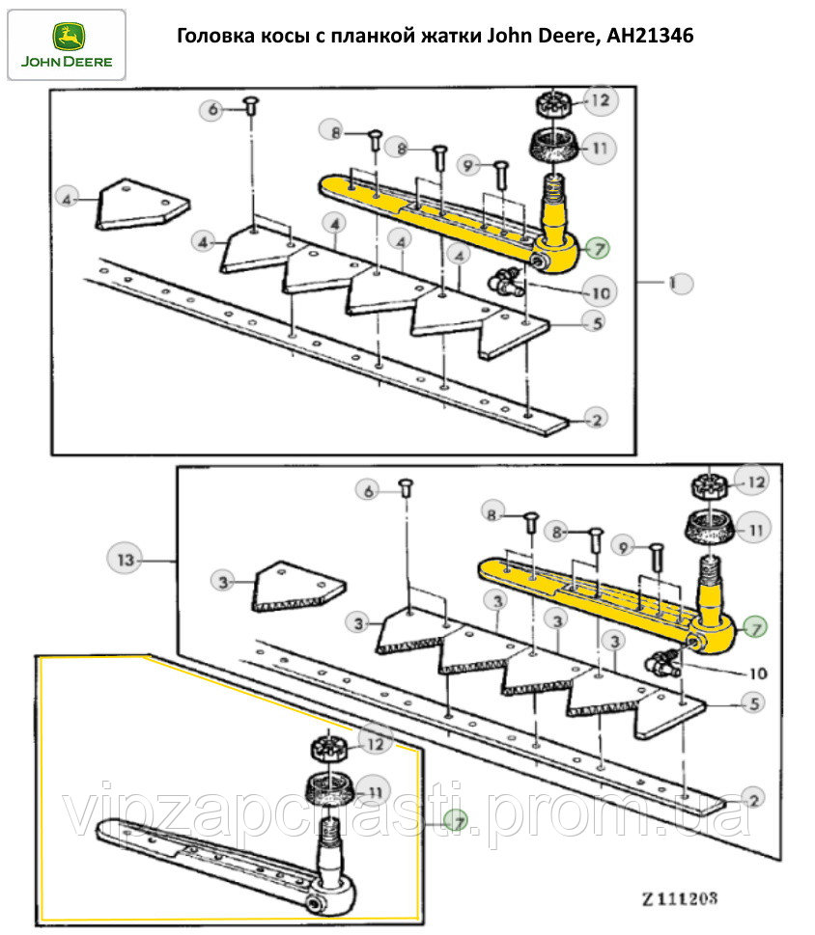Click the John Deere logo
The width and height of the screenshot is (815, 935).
(x=66, y=44)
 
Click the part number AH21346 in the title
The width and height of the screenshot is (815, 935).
(x=650, y=36)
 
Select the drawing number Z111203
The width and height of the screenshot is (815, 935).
(x=680, y=897)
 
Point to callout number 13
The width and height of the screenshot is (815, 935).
(x=126, y=560)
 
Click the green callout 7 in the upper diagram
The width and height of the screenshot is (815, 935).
(x=596, y=248)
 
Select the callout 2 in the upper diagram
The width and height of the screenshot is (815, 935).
(x=597, y=418)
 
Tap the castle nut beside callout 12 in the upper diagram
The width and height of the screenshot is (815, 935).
(x=552, y=103)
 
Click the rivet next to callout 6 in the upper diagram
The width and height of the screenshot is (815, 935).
(x=249, y=105)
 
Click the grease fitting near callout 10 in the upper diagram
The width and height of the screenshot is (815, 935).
(x=502, y=282)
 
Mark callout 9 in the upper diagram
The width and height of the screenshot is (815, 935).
(x=470, y=166)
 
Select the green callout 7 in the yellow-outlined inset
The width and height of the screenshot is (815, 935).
(x=455, y=820)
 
